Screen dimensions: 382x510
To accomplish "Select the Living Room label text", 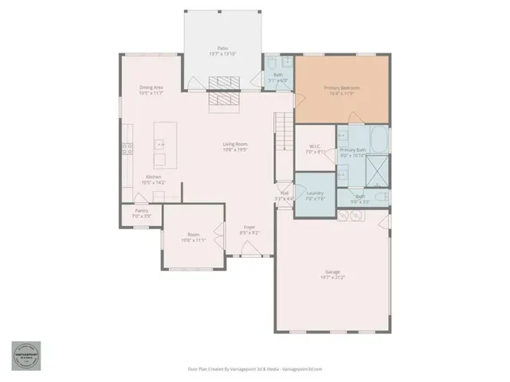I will click(x=234, y=144).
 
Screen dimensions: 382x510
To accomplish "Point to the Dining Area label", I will click(x=151, y=88).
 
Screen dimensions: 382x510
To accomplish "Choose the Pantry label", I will click(x=140, y=211).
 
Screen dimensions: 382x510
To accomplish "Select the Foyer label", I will click(x=249, y=228).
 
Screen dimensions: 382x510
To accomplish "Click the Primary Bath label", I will click(x=352, y=150).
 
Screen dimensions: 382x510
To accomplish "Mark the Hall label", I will click(x=284, y=193).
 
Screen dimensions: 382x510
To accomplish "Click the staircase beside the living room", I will click(x=284, y=132).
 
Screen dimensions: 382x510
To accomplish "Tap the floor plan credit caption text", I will click(x=254, y=369).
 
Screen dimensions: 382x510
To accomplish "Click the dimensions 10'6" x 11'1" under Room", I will click(x=192, y=240).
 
